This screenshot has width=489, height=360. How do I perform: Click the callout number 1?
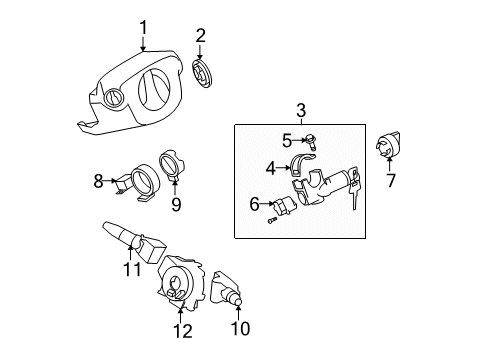[x=143, y=26]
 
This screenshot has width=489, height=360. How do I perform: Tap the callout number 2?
[x=200, y=37]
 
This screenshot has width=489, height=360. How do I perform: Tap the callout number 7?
[x=392, y=180]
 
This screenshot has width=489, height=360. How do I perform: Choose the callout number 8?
[x=98, y=180]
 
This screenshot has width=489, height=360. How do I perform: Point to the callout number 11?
[x=128, y=269]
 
